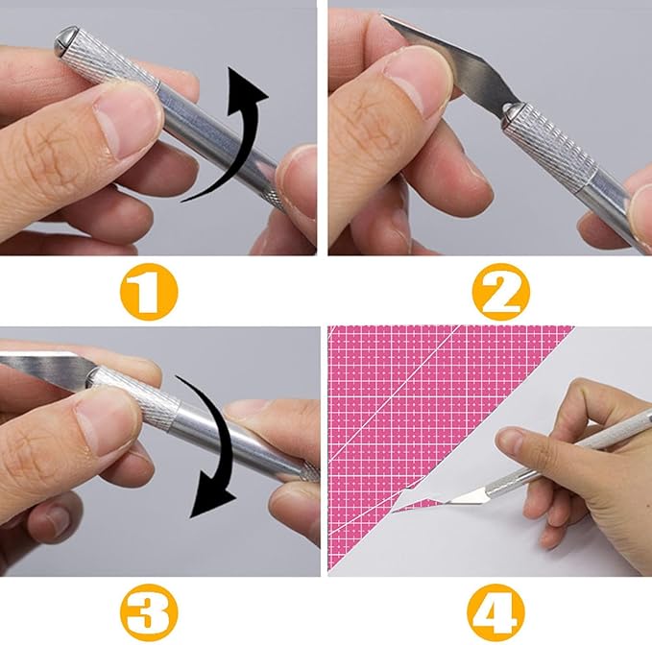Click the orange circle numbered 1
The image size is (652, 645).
[x=149, y=292]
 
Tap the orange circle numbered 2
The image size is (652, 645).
[x=500, y=292]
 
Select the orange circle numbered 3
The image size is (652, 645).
[x=149, y=612]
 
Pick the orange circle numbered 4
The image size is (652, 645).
[x=495, y=612]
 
